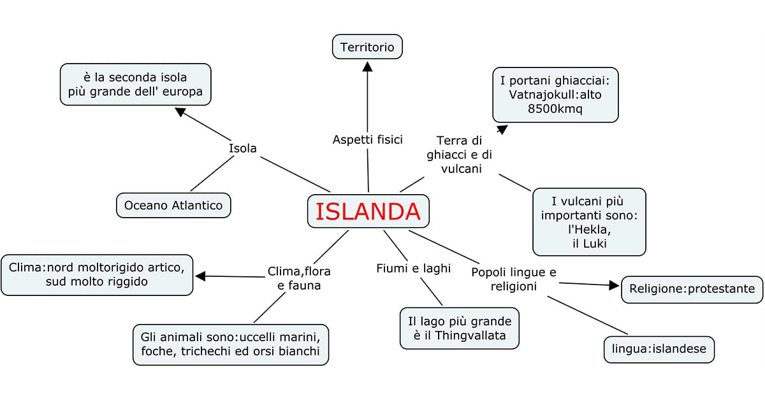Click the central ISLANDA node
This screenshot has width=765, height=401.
pos(368,211)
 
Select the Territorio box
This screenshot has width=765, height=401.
pos(367,47)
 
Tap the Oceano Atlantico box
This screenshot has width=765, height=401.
pos(173,206)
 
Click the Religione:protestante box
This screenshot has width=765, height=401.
pos(692,289)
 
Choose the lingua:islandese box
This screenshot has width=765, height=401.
pos(659,349)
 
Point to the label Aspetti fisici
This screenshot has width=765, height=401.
pos(367,139)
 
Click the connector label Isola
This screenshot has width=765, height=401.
pos(242,148)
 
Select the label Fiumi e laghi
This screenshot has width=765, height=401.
pos(413,268)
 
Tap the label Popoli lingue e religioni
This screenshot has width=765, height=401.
pos(513,279)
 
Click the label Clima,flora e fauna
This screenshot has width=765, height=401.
pos(299,279)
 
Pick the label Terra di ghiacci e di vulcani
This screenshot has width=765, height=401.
pos(459,155)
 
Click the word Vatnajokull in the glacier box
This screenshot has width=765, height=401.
pos(539,94)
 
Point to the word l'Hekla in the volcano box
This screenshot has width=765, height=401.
pos(589,230)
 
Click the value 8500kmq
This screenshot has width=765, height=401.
pos(555,108)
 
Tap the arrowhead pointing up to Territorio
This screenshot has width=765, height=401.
pos(367,66)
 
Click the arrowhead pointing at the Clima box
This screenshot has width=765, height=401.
pos(201,276)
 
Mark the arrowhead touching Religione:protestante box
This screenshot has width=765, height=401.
pos(615,285)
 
